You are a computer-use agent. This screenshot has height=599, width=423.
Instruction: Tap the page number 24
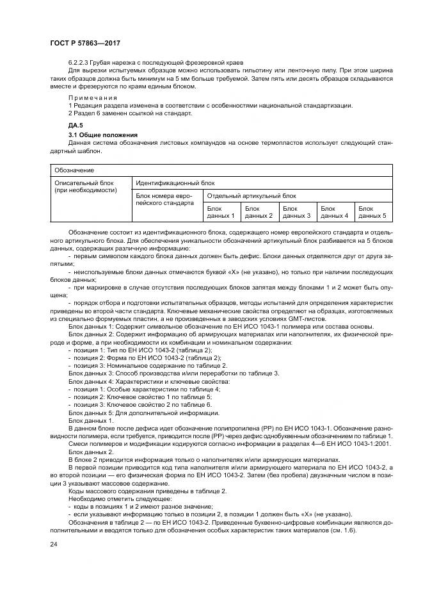point(52,545)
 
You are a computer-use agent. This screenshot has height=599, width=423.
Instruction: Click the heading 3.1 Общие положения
point(103,135)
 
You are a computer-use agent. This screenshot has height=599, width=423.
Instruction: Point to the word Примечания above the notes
point(93,97)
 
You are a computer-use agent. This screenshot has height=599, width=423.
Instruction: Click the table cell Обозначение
point(74,170)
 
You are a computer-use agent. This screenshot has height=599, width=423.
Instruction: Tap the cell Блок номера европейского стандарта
point(164,199)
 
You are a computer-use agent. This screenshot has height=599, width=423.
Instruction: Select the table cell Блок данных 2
point(259,212)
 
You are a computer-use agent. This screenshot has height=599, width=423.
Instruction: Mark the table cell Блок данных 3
point(296,212)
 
